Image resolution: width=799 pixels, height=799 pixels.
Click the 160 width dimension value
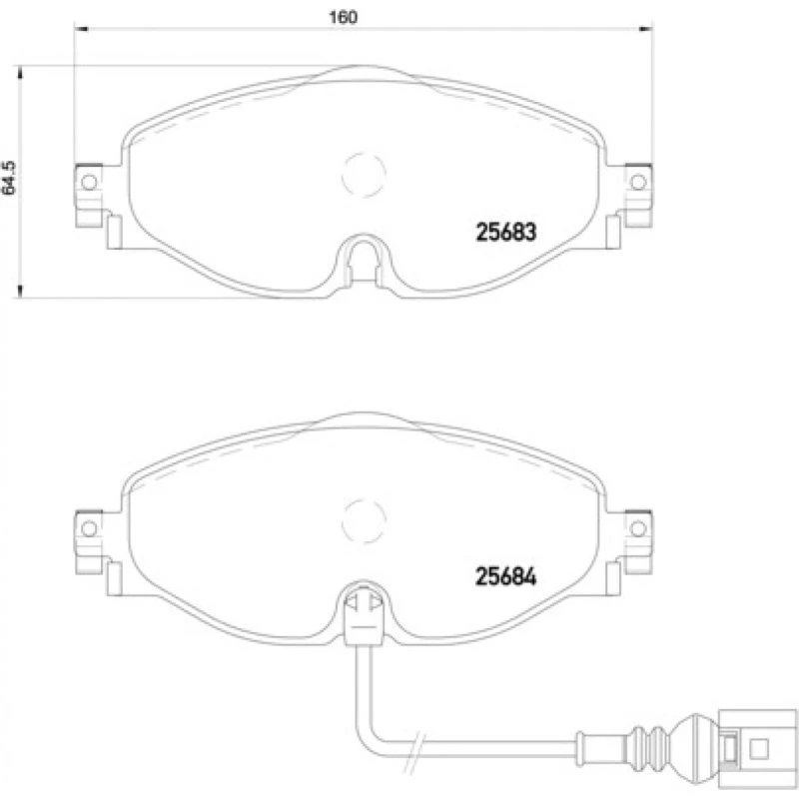click(x=343, y=17)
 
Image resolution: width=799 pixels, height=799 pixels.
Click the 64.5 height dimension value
click(x=9, y=178)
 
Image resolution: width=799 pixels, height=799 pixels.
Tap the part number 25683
click(x=506, y=233)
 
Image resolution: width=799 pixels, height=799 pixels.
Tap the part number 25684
click(x=506, y=577)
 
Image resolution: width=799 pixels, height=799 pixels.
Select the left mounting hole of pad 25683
click(x=89, y=182)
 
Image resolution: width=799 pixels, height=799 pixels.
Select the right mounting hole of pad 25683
click(x=638, y=182)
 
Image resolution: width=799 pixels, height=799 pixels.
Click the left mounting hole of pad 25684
click(x=89, y=528)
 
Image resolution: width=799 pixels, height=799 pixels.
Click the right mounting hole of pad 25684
click(x=638, y=528)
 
